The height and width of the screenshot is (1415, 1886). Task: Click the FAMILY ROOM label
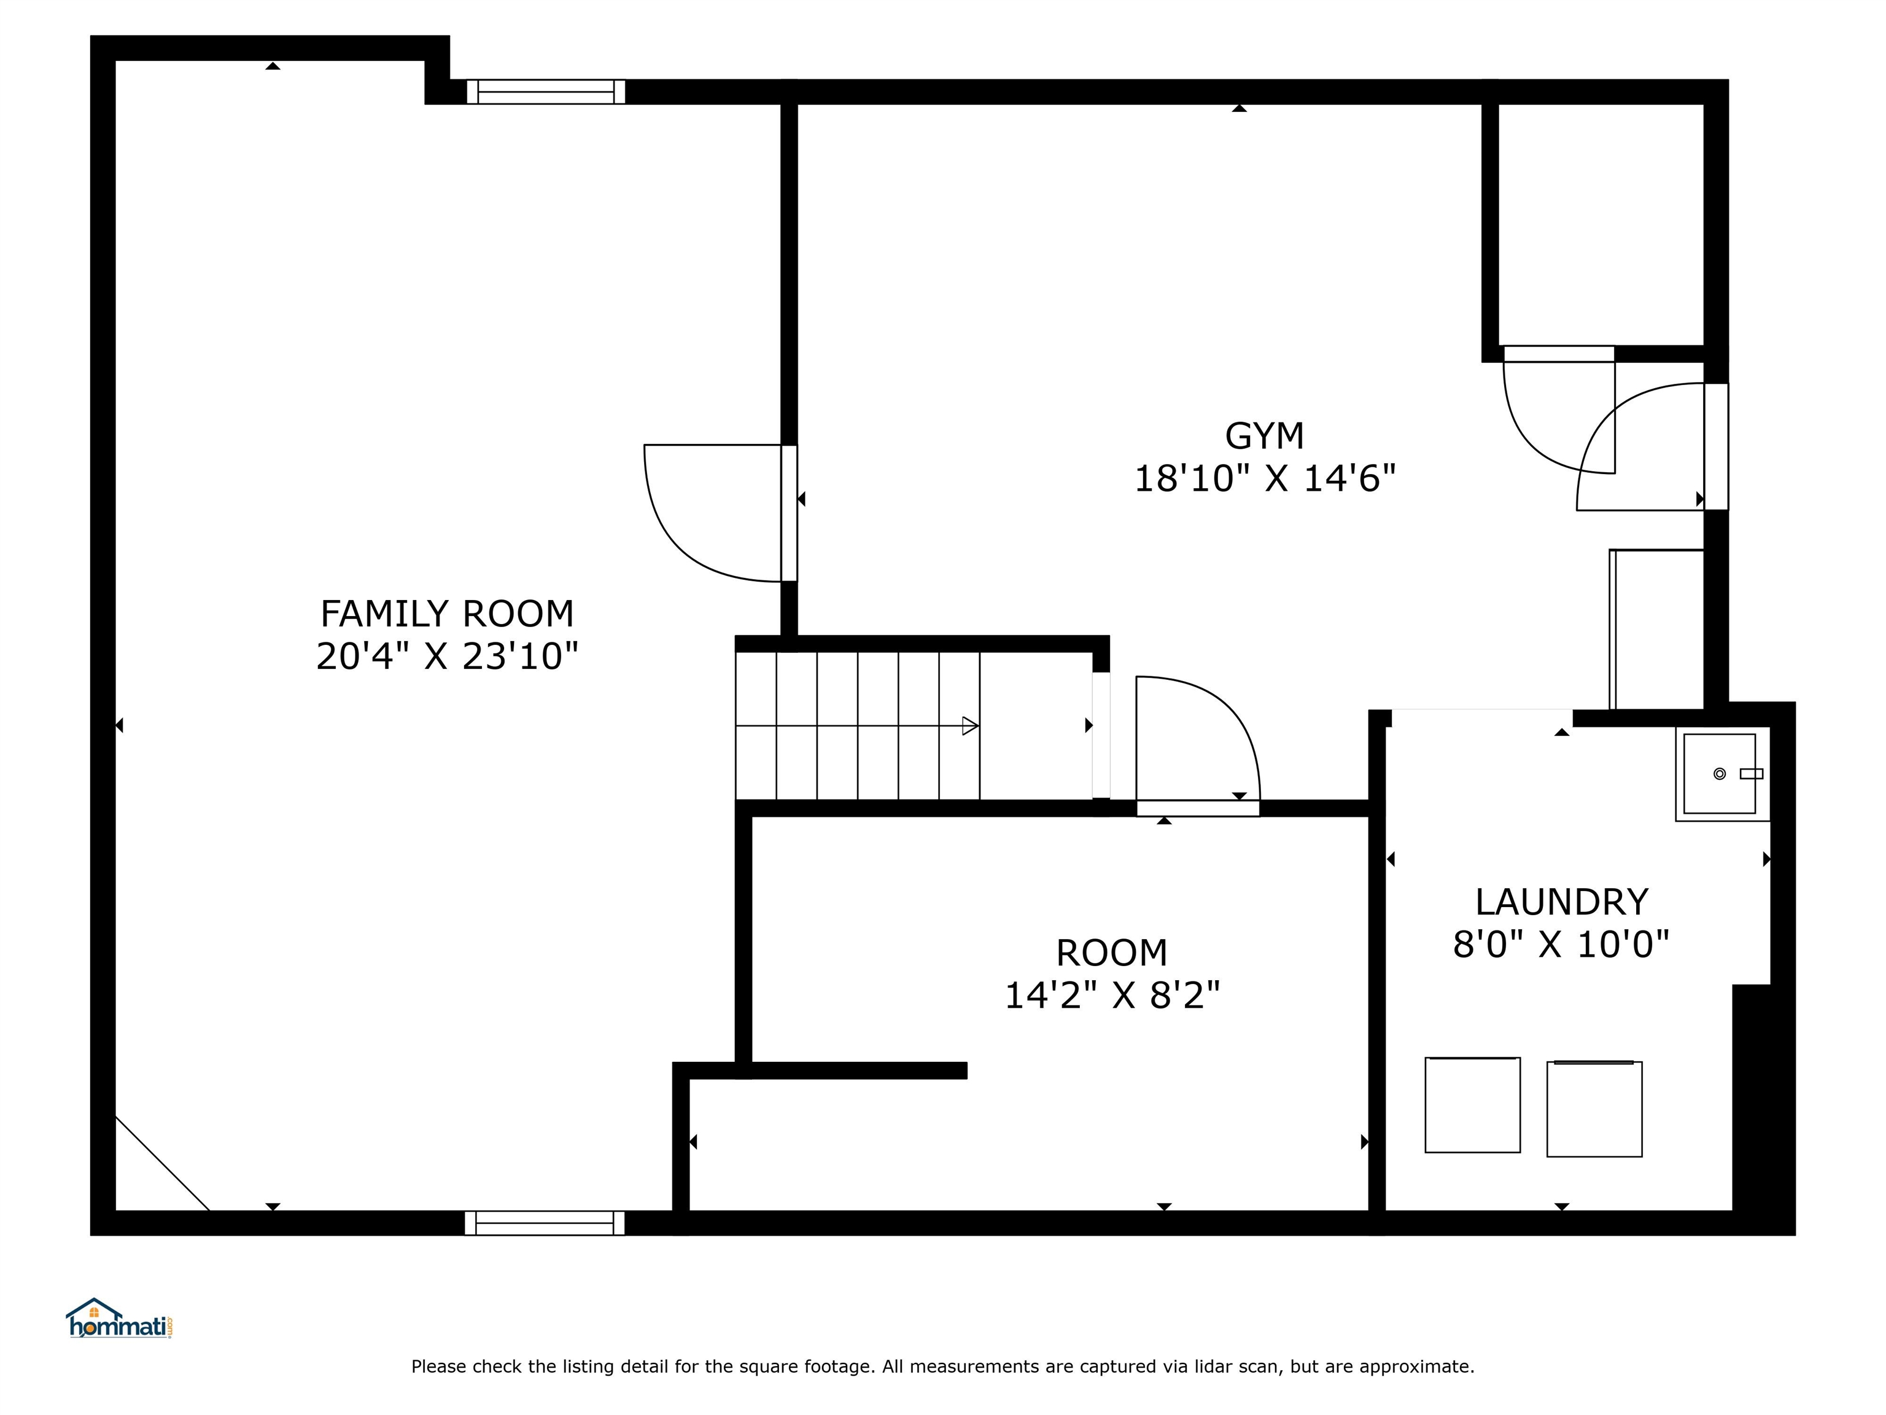447,614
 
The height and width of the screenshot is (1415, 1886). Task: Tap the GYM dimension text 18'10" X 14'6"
1265,478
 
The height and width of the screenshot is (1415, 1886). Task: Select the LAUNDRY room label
1561,902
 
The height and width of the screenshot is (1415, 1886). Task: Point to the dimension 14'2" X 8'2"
1112,996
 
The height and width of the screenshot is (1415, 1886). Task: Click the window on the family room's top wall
546,92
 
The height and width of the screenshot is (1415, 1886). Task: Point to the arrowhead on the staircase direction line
970,726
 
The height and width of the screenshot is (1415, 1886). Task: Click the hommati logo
119,1319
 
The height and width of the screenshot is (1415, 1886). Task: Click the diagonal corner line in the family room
162,1163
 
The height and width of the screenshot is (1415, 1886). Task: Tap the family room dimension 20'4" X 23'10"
447,657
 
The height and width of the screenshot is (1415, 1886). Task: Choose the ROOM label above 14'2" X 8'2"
1112,953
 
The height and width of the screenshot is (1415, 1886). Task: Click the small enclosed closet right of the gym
1601,224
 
